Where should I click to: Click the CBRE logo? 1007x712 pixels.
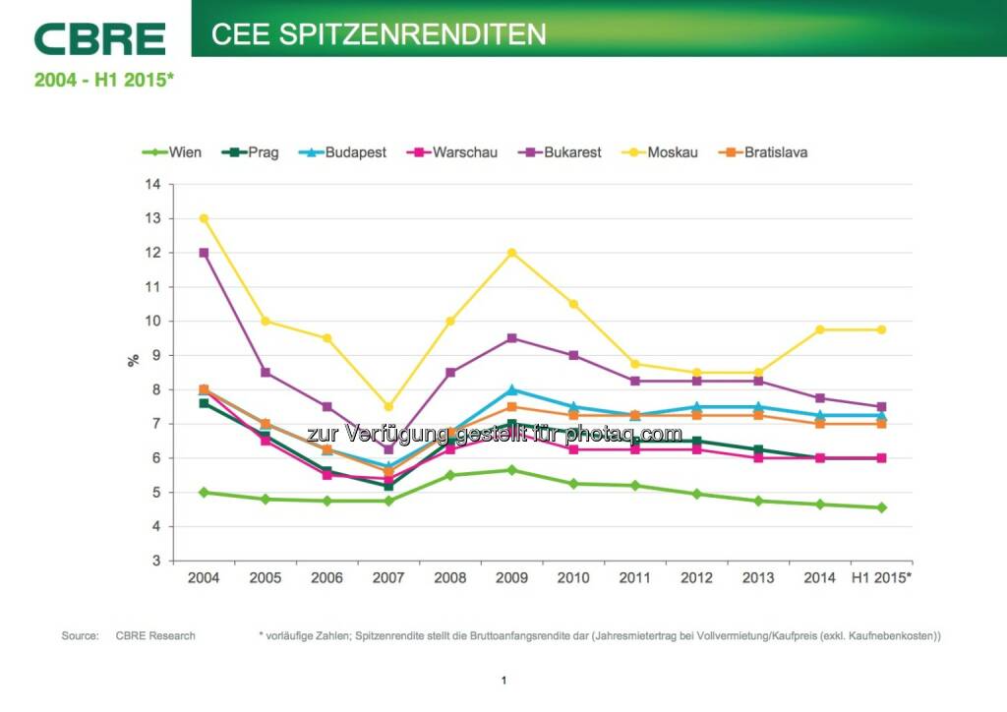click(99, 38)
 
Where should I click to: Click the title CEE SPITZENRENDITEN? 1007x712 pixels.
click(379, 34)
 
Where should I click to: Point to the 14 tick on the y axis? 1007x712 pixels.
click(152, 184)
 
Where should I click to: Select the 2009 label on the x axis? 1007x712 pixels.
click(511, 578)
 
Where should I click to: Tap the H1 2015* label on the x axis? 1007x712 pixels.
click(881, 578)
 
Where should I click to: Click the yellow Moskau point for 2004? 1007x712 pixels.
click(204, 218)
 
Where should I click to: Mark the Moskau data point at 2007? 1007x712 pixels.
click(388, 406)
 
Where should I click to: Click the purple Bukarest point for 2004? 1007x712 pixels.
click(204, 253)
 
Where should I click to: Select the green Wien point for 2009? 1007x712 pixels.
click(511, 470)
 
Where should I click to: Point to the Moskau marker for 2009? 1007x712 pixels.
click(511, 253)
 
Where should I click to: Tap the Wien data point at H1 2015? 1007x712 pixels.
click(881, 507)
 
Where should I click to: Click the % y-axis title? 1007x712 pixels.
click(134, 360)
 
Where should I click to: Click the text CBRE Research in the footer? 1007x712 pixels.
click(155, 636)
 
